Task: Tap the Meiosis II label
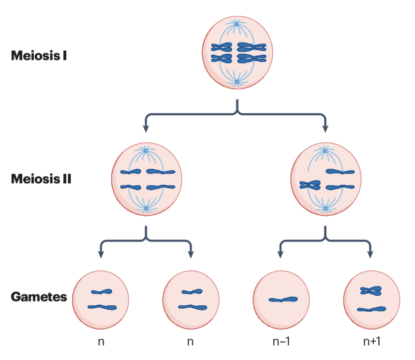coord(41,179)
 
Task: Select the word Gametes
coord(39,297)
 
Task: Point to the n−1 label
coord(281,341)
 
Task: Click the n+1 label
coord(372,341)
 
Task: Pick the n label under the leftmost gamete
coord(101,341)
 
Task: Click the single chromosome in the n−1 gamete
coord(283,300)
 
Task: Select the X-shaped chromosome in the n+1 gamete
coord(371,291)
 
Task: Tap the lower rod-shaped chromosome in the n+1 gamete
coord(371,309)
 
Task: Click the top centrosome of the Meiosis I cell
coord(237,24)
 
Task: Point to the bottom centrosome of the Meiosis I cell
coord(237,82)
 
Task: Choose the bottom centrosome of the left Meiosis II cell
coord(146,209)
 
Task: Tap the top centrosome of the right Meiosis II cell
coord(325,151)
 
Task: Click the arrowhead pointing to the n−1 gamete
coord(281,254)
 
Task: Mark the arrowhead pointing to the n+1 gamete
coord(371,254)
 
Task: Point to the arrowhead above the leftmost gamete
coord(101,254)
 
